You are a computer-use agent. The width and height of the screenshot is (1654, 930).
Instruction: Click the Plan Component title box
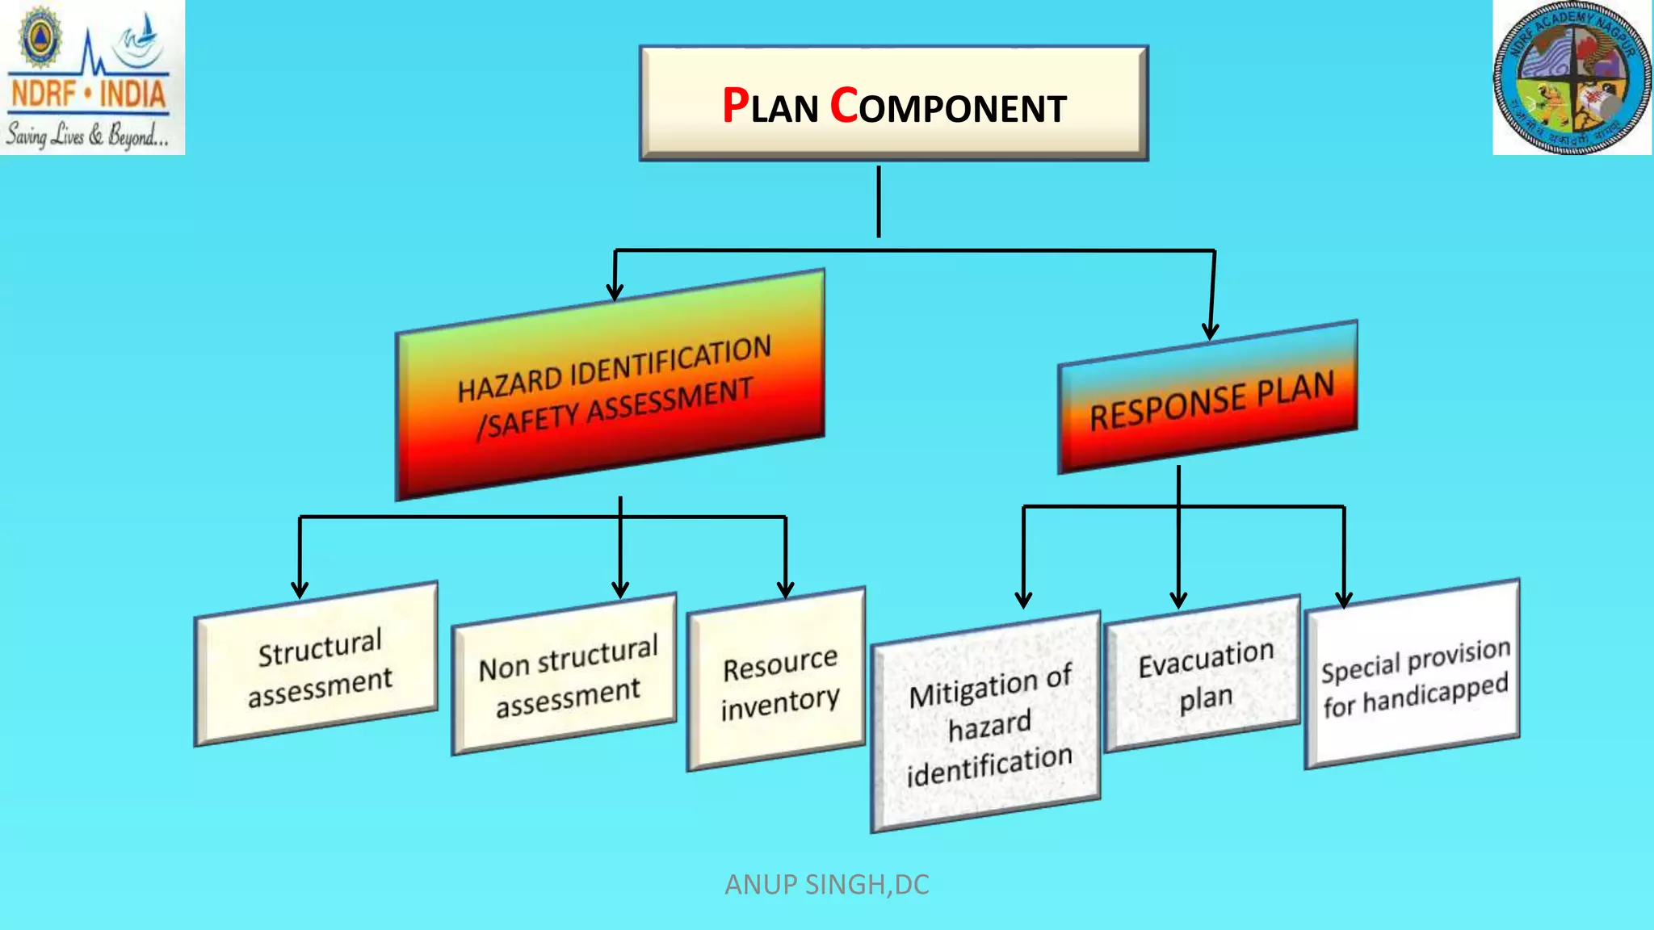pyautogui.click(x=893, y=103)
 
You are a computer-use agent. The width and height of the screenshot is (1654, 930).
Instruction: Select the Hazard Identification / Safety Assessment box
pyautogui.click(x=611, y=386)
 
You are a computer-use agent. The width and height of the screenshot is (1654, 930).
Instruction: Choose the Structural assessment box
pyautogui.click(x=317, y=665)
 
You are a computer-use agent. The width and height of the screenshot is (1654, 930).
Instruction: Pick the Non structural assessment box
pyautogui.click(x=565, y=676)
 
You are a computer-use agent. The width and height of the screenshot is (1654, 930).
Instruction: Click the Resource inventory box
pyautogui.click(x=777, y=681)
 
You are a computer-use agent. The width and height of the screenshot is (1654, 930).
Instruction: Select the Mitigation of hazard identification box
pyautogui.click(x=986, y=723)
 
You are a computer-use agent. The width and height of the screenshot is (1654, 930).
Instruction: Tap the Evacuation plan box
pyautogui.click(x=1203, y=676)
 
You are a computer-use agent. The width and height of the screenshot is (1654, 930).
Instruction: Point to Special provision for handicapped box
pyautogui.click(x=1413, y=676)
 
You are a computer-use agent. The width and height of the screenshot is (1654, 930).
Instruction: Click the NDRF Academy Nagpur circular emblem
pyautogui.click(x=1571, y=77)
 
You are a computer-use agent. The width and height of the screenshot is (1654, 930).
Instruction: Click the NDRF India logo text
pyautogui.click(x=88, y=94)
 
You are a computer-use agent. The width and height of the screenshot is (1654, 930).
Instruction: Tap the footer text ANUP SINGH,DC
pyautogui.click(x=826, y=885)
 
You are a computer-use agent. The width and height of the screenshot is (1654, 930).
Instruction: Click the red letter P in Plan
pyautogui.click(x=735, y=106)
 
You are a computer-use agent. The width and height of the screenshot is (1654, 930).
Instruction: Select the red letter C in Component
pyautogui.click(x=844, y=106)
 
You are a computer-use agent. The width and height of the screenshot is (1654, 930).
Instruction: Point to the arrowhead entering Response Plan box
pyautogui.click(x=1210, y=331)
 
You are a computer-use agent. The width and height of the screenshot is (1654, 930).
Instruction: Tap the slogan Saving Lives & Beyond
pyautogui.click(x=88, y=135)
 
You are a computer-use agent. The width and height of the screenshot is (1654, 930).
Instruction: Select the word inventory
pyautogui.click(x=779, y=702)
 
